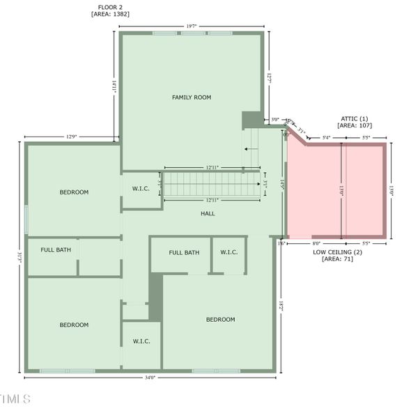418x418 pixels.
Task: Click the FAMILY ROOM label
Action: coord(191,98)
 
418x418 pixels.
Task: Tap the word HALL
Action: coord(208,214)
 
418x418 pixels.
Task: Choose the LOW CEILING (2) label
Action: coord(338,251)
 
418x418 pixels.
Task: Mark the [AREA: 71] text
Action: coord(338,259)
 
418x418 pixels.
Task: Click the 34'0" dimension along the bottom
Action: coord(150,378)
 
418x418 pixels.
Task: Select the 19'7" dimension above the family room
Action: coord(192,26)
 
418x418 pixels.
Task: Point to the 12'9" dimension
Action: coord(72,137)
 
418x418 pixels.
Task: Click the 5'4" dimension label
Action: coord(327,138)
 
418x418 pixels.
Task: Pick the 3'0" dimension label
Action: coord(275,119)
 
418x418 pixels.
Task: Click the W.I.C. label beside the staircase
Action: coord(141,189)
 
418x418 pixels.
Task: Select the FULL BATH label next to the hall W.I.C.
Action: coord(184,252)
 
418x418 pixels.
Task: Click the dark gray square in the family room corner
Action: coord(251,120)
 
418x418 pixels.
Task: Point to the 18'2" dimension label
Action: coord(281,304)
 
